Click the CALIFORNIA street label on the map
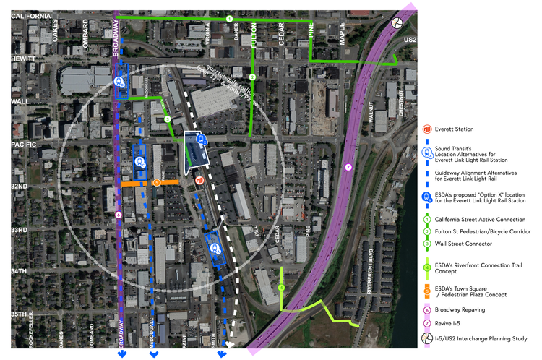[31, 16]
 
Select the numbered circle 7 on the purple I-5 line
[348, 168]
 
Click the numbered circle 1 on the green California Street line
[229, 19]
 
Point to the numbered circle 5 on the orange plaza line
[157, 183]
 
